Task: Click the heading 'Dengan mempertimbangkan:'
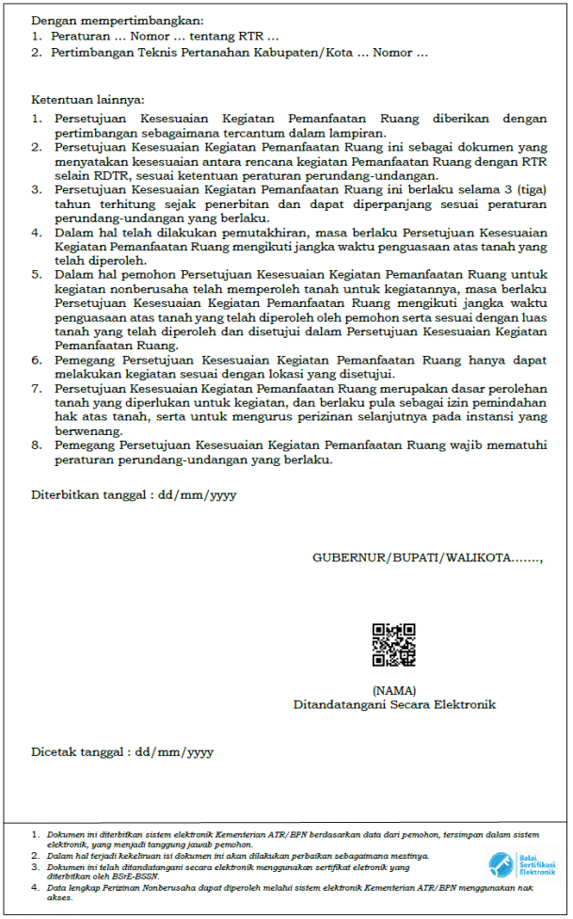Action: coord(117,20)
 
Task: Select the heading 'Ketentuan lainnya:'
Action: coord(88,99)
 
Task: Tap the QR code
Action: coord(393,645)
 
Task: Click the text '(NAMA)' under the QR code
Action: coord(393,690)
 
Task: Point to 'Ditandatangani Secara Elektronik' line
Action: coord(393,704)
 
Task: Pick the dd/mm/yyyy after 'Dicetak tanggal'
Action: coord(174,752)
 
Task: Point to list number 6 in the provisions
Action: coord(36,360)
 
